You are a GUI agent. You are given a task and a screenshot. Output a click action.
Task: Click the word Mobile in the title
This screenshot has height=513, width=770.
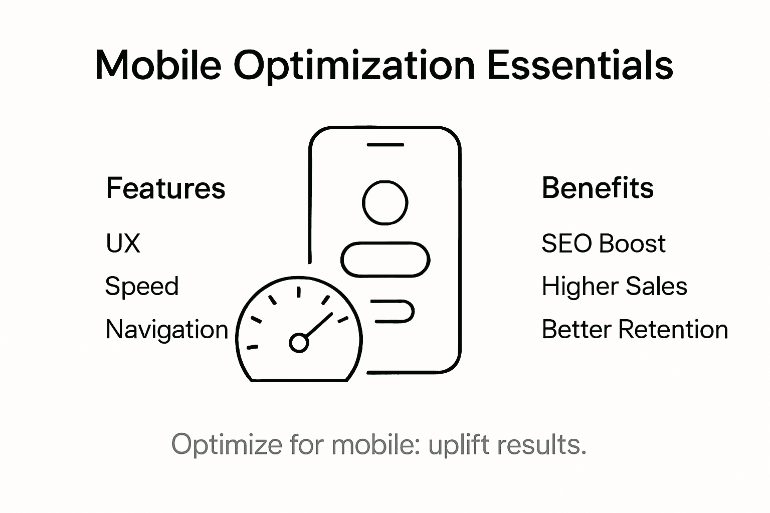[158, 65]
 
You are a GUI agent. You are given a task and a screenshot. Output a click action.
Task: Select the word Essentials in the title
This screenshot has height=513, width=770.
[580, 65]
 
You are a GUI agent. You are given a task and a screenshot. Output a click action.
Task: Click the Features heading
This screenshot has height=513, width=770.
[165, 188]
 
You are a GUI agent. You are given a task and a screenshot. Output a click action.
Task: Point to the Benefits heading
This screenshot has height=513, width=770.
[598, 188]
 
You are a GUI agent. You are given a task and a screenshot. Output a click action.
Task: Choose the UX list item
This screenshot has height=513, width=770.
[123, 244]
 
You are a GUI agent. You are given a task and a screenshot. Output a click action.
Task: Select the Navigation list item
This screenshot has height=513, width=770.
[167, 330]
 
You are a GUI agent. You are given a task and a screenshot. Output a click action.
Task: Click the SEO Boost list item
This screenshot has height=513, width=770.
[603, 244]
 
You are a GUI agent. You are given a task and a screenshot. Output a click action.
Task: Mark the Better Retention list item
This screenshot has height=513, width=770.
[635, 330]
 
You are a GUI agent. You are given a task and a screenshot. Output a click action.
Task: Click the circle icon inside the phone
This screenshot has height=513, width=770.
[385, 203]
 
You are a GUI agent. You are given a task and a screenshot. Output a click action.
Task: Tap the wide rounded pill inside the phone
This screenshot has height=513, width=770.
[385, 260]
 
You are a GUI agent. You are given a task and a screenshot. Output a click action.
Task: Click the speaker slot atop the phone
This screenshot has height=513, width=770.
[385, 145]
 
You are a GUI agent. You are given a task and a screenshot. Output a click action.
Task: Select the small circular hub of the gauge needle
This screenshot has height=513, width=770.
[299, 343]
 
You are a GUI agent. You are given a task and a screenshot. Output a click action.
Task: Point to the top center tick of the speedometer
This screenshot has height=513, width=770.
[299, 292]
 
